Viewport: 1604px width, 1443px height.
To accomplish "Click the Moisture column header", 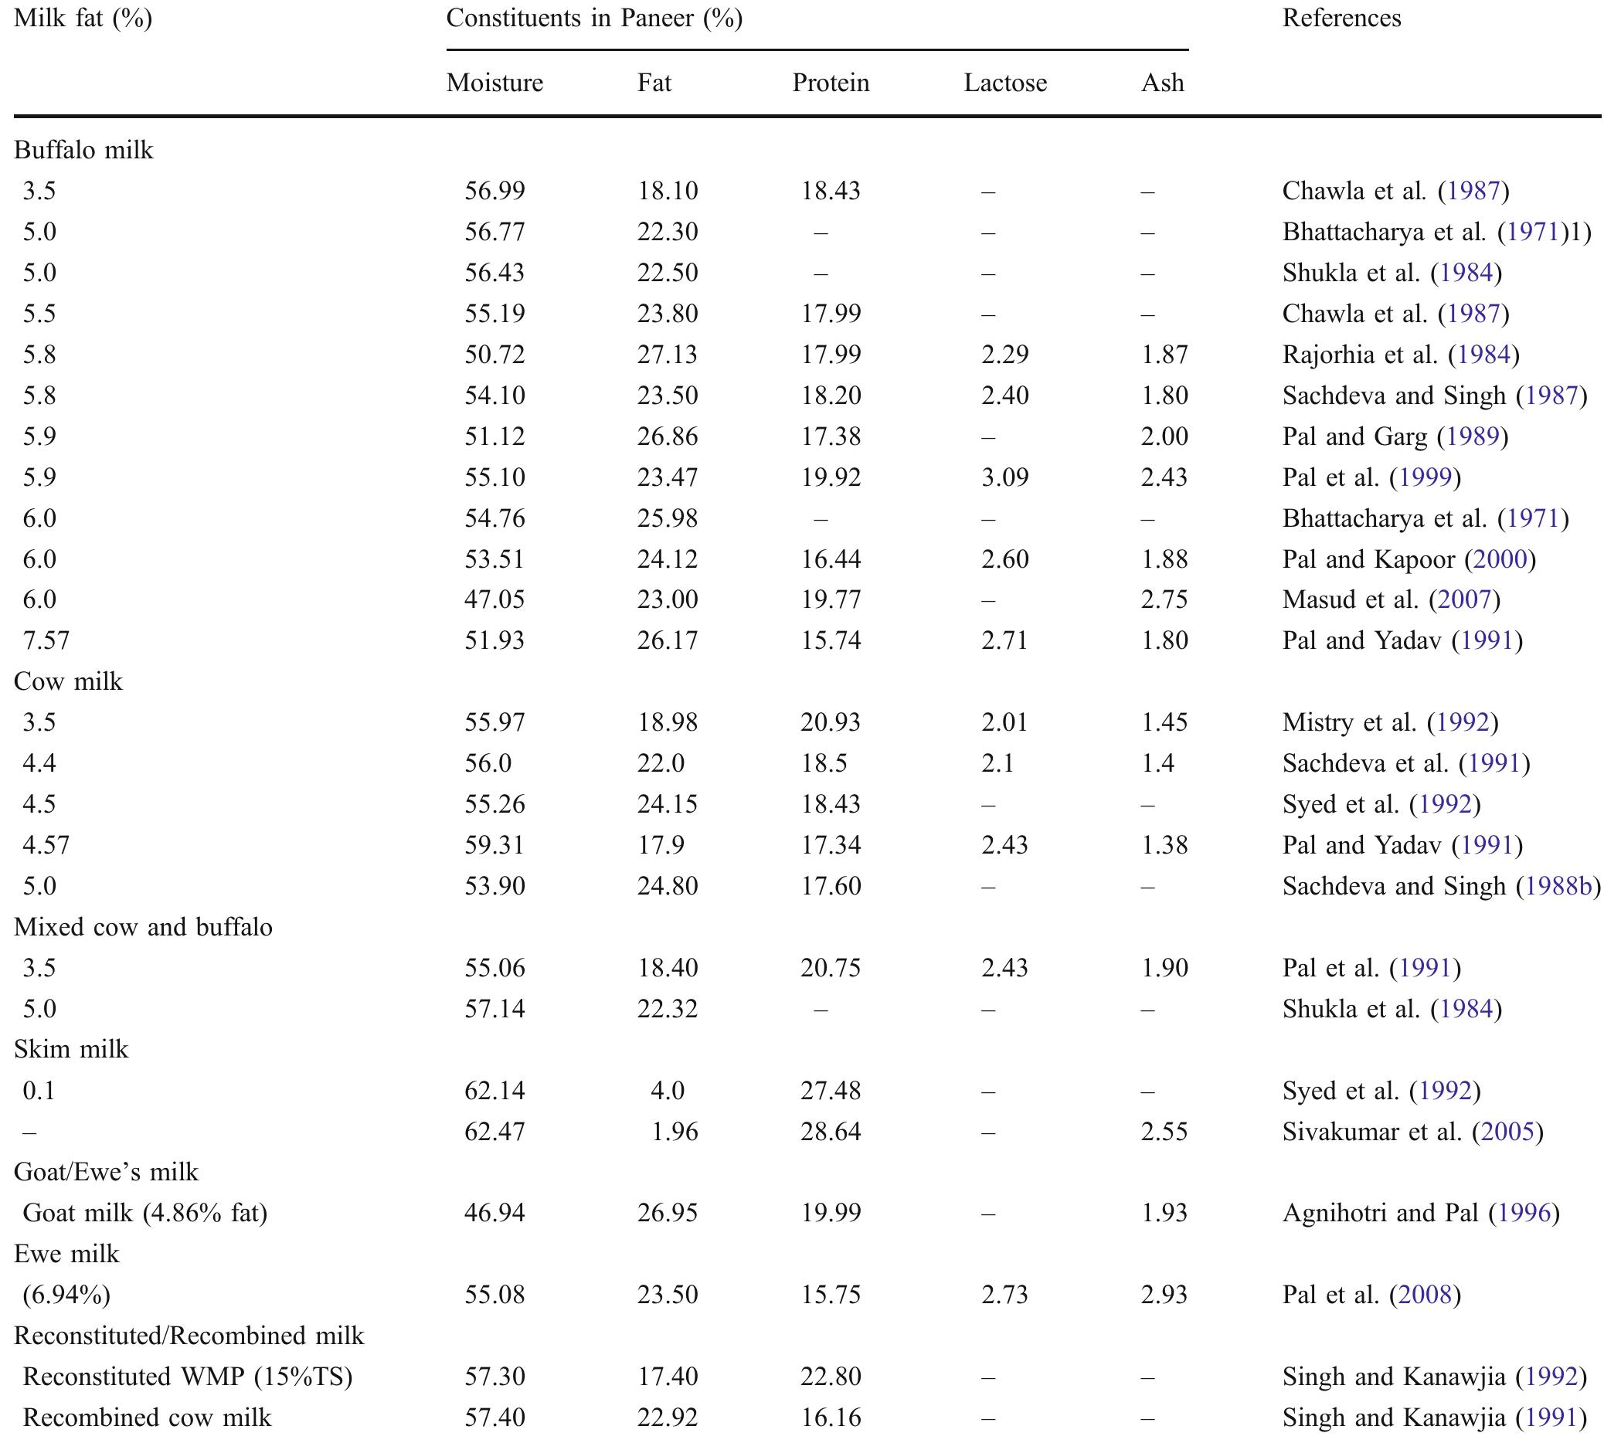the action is (x=494, y=83).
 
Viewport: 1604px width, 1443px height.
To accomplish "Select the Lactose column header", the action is (x=1004, y=83).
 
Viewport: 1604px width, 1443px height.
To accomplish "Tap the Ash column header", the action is (x=1162, y=83).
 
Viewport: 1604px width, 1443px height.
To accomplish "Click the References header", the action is (x=1341, y=19).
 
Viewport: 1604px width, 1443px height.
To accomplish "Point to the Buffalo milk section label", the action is (x=83, y=150).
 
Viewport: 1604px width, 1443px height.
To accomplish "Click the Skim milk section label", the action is (x=70, y=1049).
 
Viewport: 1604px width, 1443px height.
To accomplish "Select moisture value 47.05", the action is (x=494, y=599).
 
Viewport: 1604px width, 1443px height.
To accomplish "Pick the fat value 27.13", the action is (x=667, y=355).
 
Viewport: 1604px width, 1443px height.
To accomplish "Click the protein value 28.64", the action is (x=830, y=1132).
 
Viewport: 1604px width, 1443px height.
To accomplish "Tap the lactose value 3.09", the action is (x=1004, y=477).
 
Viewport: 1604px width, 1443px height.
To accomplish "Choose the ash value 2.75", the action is (x=1164, y=599).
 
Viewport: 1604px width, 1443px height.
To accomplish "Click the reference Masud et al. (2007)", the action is (x=1392, y=599).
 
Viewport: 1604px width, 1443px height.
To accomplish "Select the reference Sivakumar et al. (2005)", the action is (x=1413, y=1132).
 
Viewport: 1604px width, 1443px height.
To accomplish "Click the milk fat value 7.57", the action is (x=46, y=640).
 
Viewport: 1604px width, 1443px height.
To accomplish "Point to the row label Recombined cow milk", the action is (x=147, y=1418).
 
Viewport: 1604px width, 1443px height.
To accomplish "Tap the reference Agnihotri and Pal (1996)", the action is (x=1421, y=1213).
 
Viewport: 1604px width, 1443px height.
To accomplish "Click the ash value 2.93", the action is (x=1164, y=1295).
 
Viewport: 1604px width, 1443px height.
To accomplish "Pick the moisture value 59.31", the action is (x=494, y=845).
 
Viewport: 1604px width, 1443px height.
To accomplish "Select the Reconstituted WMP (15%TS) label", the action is (x=187, y=1377).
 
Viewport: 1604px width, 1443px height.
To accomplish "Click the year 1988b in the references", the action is (x=1558, y=885).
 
